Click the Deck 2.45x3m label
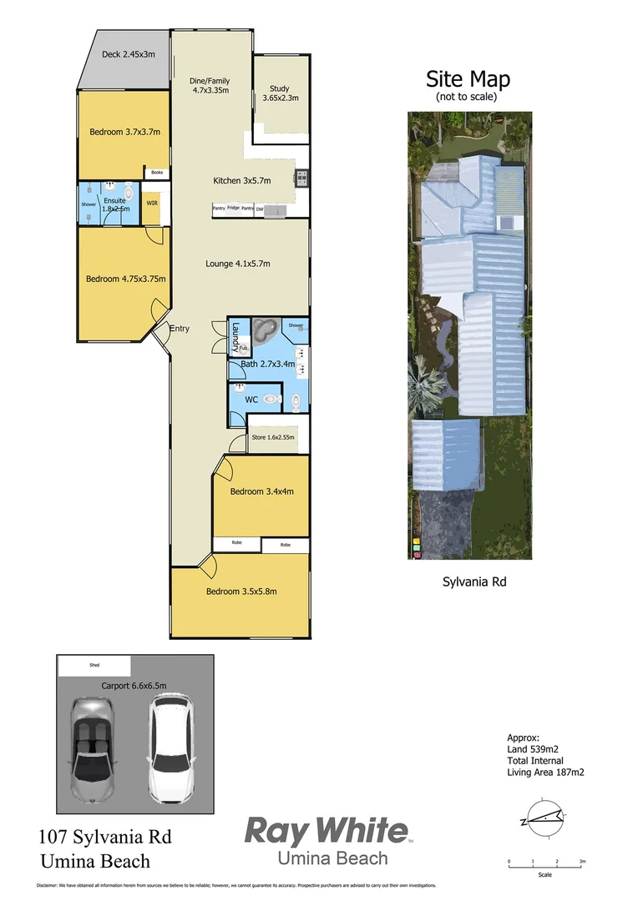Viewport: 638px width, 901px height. tap(129, 55)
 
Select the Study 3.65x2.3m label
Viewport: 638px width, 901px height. tap(281, 93)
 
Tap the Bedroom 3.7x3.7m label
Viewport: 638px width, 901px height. tap(124, 131)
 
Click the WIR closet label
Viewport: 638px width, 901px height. tap(152, 202)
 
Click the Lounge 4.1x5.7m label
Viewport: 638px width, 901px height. tap(238, 264)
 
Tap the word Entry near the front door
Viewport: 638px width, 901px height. tap(180, 329)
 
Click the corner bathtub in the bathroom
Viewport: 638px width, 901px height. tap(265, 331)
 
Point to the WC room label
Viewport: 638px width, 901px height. tap(251, 400)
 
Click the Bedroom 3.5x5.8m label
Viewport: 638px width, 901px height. tap(241, 591)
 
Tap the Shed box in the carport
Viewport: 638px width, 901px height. tap(94, 666)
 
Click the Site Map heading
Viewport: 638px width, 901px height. tap(468, 80)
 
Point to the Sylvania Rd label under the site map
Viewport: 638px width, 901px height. tap(473, 581)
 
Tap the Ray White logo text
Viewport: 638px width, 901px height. tap(327, 832)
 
